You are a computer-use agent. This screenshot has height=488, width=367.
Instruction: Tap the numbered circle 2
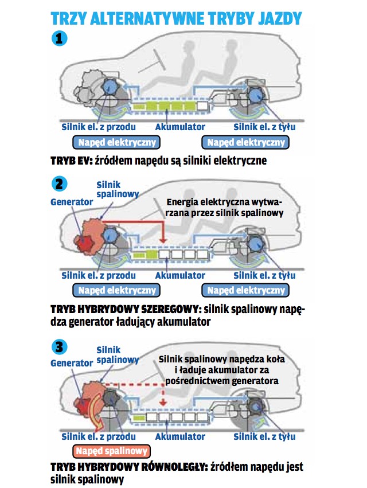60,184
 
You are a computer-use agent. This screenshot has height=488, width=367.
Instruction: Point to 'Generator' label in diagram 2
72,202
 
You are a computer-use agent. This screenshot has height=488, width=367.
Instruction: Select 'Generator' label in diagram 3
72,363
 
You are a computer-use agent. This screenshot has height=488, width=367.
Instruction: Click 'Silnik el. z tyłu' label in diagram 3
264,436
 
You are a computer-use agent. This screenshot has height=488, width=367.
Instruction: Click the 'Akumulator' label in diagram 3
180,436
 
